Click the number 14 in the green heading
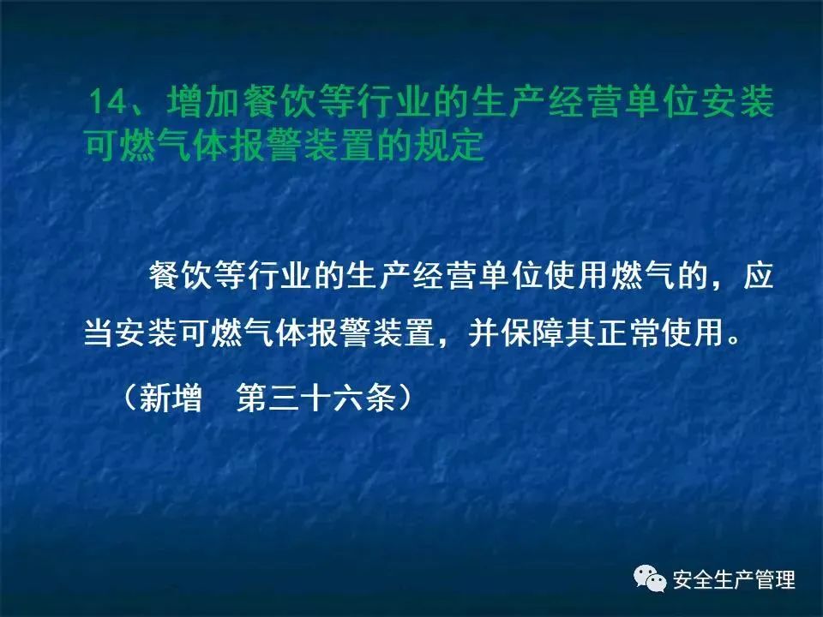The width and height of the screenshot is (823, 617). (x=108, y=101)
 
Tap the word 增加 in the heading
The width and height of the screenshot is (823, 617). (x=204, y=101)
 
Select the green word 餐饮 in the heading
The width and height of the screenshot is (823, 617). (x=279, y=101)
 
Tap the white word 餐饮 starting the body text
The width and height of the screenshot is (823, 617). (x=181, y=275)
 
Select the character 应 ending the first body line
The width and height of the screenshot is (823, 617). (x=758, y=275)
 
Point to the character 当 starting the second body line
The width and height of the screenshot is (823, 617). (x=99, y=332)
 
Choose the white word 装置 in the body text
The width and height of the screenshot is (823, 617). (x=403, y=332)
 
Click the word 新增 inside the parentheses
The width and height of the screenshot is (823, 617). (x=171, y=397)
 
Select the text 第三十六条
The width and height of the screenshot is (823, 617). (x=316, y=397)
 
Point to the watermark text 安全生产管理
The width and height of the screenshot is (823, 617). (x=735, y=580)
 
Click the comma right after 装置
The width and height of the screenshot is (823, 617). (x=444, y=343)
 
